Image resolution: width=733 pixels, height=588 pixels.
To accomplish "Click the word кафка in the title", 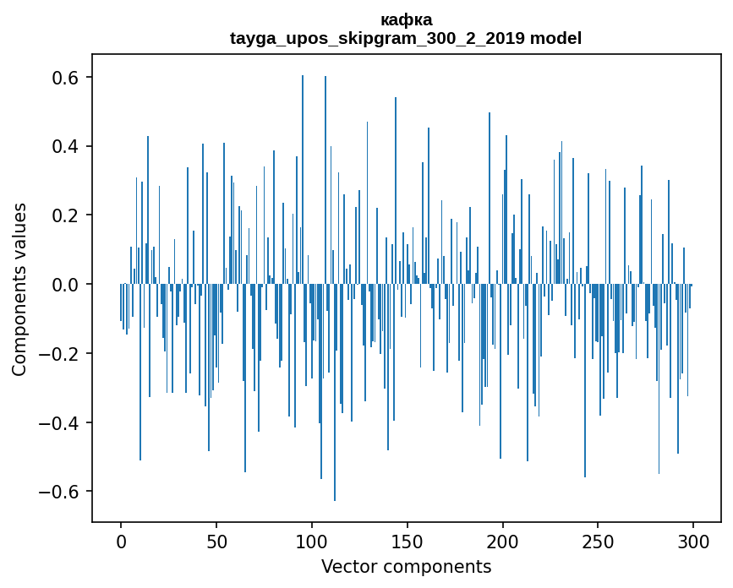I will pos(406,20).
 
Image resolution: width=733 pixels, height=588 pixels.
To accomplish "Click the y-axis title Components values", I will pos(19,289).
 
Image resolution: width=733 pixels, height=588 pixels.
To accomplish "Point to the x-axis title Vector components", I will pos(406,566).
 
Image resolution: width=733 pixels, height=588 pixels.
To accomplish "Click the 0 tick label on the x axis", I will pos(121,540).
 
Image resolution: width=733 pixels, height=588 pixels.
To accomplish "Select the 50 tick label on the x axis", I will pos(216,540).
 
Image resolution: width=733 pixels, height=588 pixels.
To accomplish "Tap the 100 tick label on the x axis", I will pos(312,540).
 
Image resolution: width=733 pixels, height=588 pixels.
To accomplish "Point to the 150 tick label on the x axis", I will pos(408,540).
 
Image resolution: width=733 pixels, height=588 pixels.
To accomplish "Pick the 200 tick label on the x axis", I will pos(503,540).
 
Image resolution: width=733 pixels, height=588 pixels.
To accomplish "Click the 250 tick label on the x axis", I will pos(599,540).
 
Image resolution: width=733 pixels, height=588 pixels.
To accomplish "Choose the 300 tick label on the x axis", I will pos(694,540).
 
